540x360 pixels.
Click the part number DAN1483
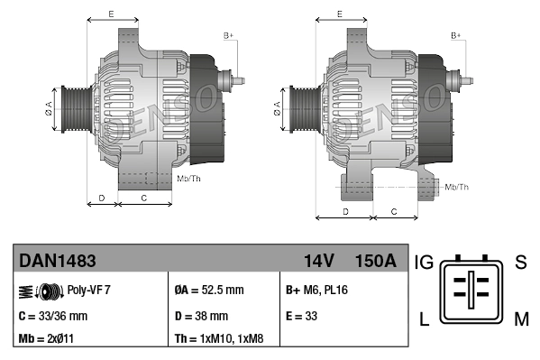58,261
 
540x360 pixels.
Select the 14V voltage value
318,261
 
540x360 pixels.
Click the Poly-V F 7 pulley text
89,291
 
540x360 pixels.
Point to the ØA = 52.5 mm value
208,291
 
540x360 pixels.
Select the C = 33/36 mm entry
53,316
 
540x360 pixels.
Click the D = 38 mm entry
201,316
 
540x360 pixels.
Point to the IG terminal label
425,263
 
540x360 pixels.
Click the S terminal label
520,263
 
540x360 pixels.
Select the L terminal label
424,318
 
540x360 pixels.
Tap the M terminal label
521,318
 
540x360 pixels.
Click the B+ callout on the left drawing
228,35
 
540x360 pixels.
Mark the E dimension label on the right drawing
338,14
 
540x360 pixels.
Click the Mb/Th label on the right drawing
457,187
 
